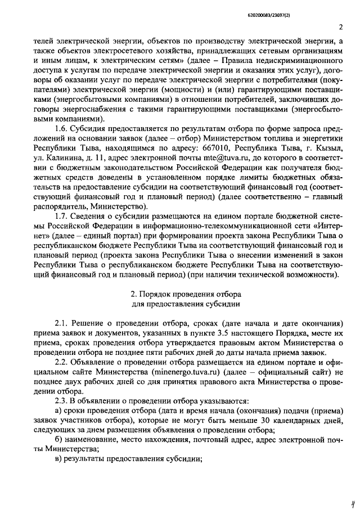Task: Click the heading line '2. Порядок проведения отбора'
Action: click(186, 294)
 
